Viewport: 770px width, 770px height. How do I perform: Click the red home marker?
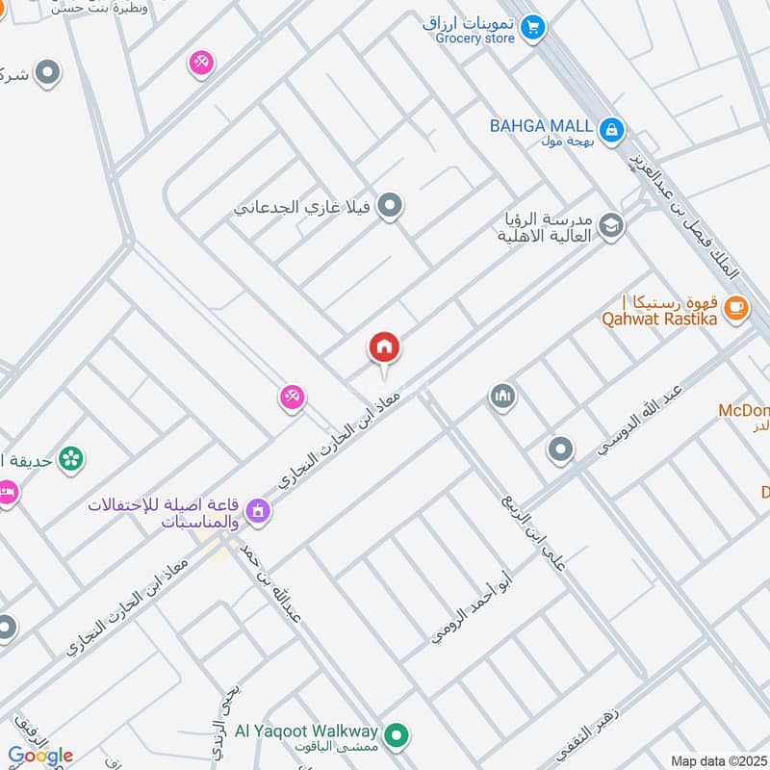(384, 348)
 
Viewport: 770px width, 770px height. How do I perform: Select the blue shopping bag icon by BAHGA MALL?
(610, 129)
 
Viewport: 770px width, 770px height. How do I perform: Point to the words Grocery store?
(475, 38)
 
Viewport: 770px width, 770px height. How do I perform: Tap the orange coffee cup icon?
(735, 308)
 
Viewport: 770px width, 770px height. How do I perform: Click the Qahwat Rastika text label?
(659, 318)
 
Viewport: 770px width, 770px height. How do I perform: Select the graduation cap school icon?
(610, 226)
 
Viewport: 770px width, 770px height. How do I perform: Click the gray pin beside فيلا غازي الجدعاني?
(389, 206)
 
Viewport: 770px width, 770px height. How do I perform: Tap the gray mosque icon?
(501, 396)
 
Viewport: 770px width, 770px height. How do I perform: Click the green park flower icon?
(70, 460)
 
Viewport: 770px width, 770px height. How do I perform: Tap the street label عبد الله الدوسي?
(636, 423)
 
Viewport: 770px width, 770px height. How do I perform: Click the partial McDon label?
(743, 411)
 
